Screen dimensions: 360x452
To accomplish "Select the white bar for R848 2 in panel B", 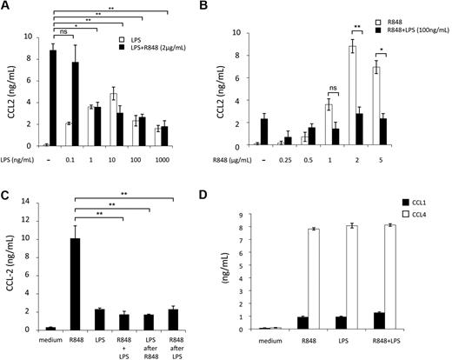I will coord(376,96).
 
